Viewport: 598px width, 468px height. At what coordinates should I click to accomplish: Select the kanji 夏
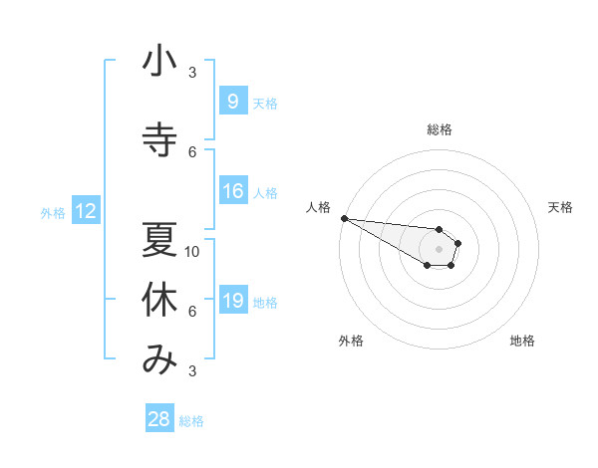(x=159, y=240)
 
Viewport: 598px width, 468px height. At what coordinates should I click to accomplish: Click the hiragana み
(x=159, y=360)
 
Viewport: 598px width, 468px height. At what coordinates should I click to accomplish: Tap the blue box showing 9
(x=232, y=102)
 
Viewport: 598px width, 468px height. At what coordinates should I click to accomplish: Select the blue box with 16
(x=232, y=191)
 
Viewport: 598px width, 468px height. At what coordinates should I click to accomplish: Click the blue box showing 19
(x=232, y=301)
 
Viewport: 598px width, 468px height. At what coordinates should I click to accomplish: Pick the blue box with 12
(x=85, y=211)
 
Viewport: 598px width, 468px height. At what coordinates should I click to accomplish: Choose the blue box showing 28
(x=159, y=419)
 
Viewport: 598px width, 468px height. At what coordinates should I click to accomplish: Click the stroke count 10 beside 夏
(x=192, y=251)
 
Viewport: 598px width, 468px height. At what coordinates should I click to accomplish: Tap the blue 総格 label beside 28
(x=191, y=421)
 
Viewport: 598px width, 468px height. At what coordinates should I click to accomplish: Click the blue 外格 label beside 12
(x=53, y=212)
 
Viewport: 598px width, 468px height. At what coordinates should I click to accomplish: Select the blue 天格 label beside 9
(x=265, y=103)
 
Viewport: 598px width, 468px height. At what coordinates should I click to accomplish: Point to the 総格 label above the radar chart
(x=440, y=129)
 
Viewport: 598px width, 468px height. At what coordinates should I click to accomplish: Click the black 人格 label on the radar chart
(x=318, y=207)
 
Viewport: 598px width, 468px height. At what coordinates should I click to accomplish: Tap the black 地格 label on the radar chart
(x=522, y=341)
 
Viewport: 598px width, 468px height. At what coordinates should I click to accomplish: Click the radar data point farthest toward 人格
(x=344, y=218)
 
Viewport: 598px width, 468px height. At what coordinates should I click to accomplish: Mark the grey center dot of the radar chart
(x=440, y=248)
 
